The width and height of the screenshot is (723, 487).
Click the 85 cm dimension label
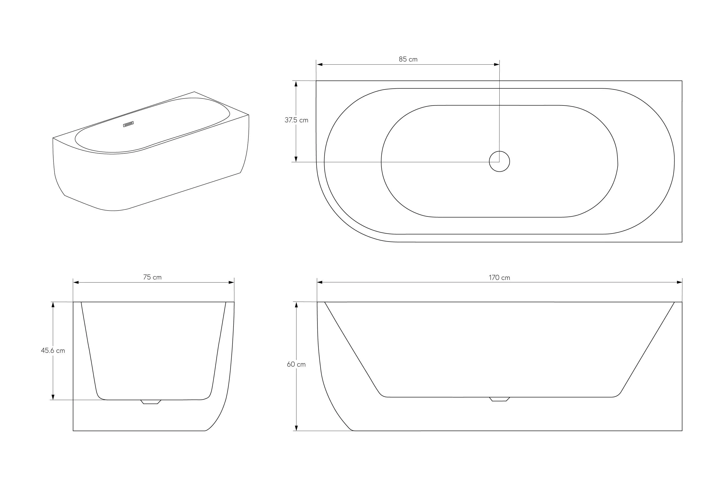click(x=408, y=59)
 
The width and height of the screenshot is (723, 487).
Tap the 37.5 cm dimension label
click(x=296, y=120)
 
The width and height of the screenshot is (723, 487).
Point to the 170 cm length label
click(x=499, y=278)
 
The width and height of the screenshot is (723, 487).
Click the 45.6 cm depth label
click(x=53, y=351)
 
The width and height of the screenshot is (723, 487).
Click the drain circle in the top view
click(x=499, y=162)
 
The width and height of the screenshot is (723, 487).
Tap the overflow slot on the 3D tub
click(x=128, y=124)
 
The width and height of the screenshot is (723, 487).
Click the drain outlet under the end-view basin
click(x=151, y=402)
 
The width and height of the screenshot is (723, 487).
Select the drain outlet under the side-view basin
click(x=499, y=399)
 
